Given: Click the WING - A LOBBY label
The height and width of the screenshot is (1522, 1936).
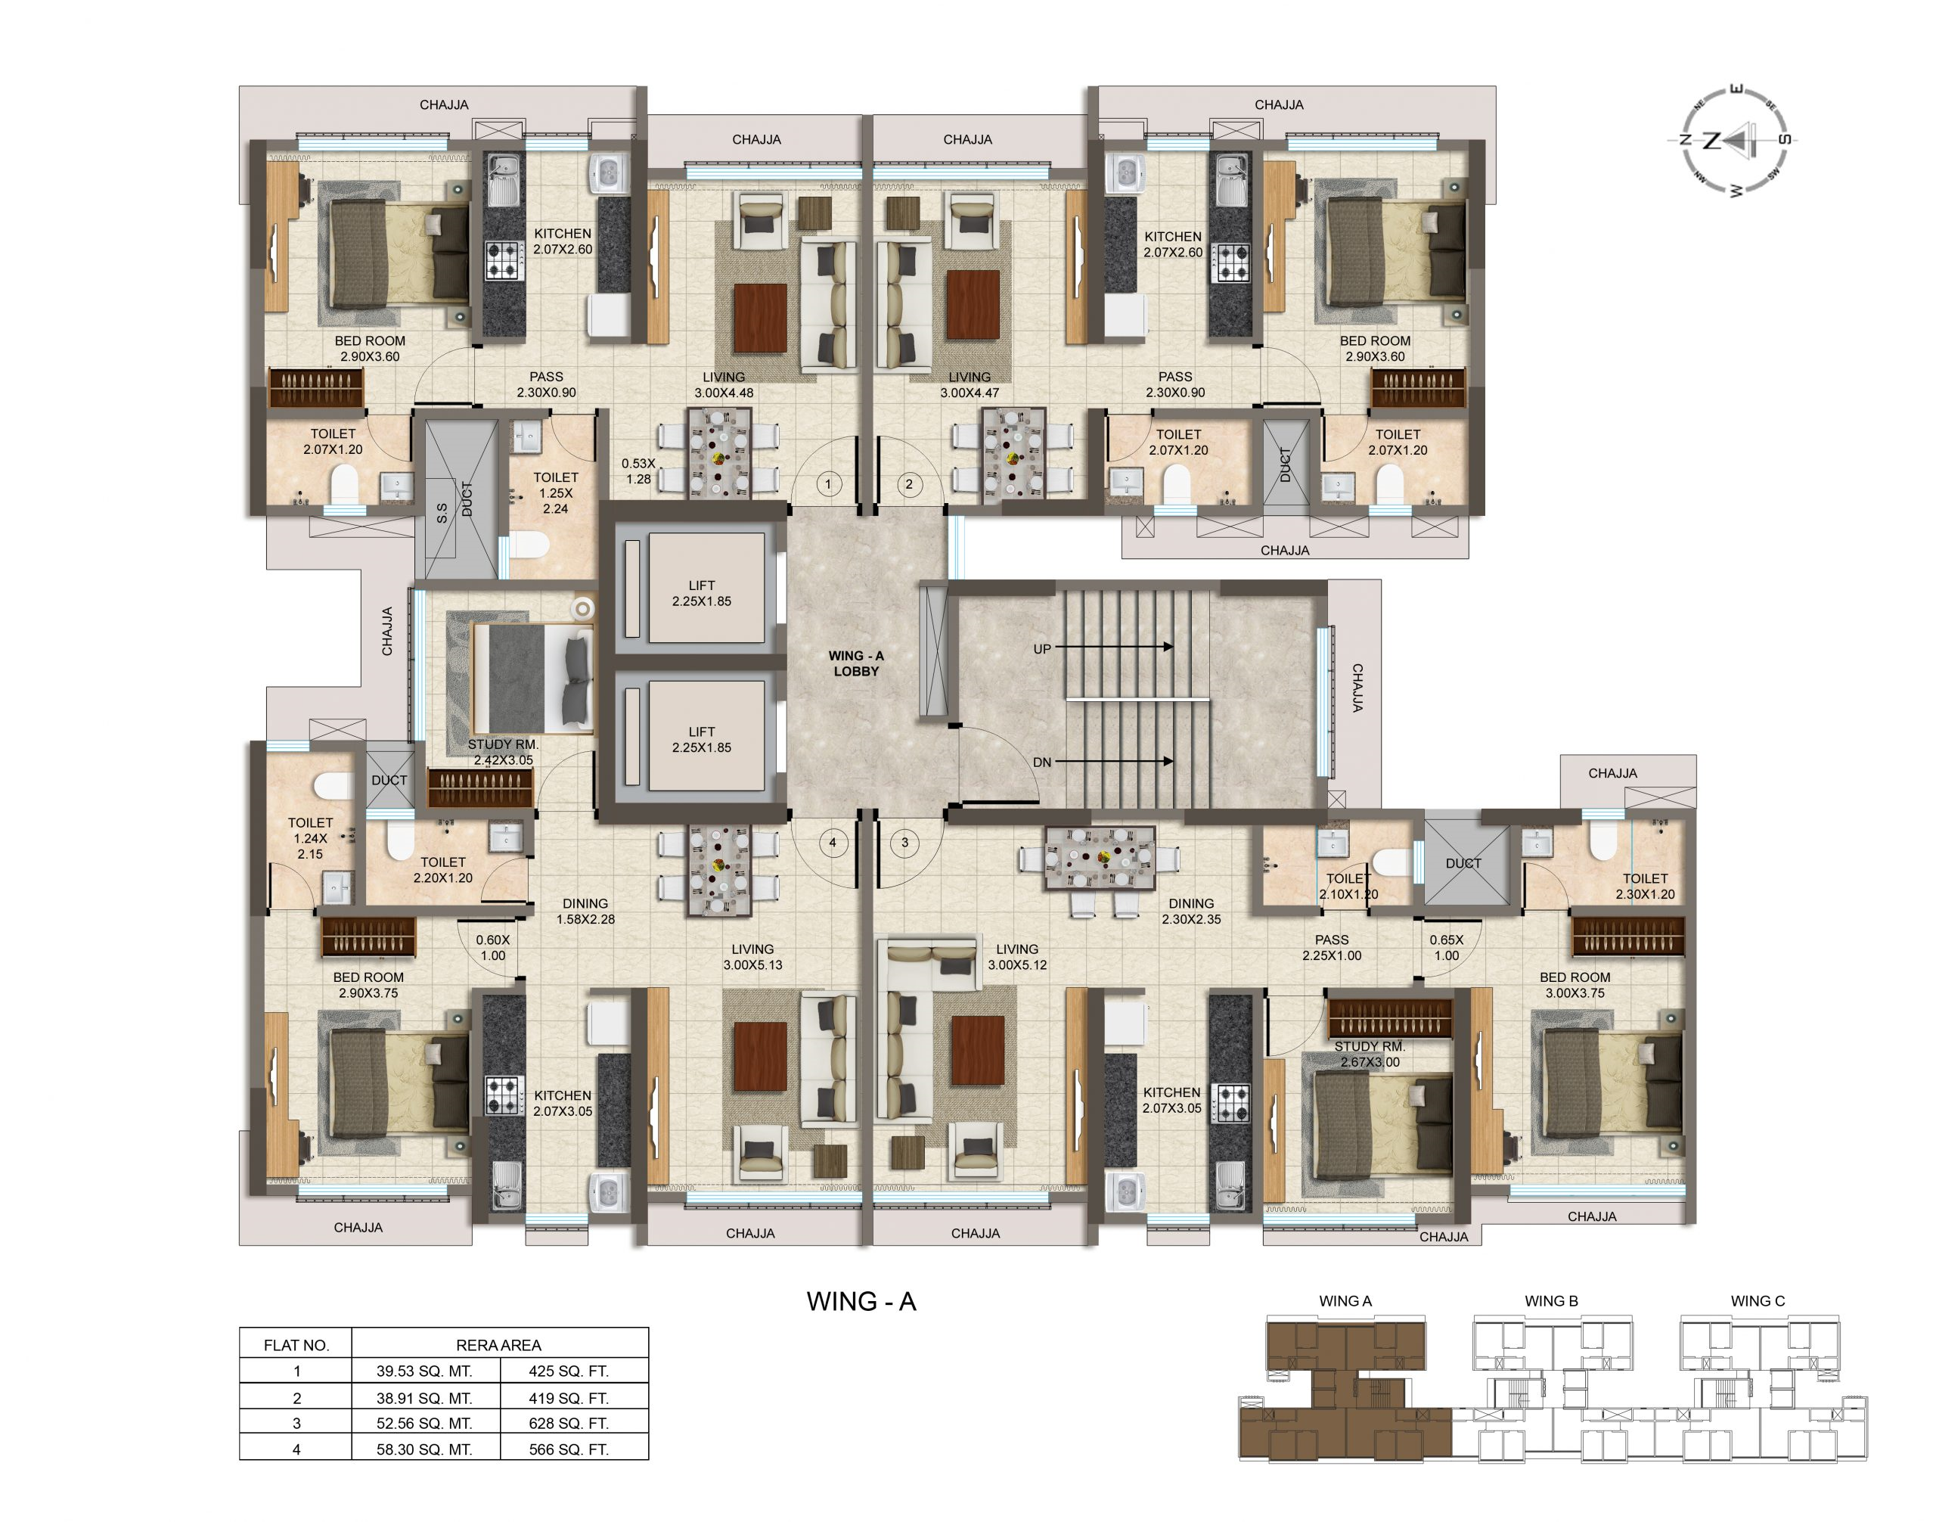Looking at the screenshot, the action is [855, 663].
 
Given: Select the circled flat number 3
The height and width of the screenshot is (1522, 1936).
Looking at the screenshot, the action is [904, 842].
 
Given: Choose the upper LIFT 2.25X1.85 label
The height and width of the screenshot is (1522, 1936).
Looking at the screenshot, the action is [701, 594].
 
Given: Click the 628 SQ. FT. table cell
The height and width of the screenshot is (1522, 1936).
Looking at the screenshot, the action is [569, 1423].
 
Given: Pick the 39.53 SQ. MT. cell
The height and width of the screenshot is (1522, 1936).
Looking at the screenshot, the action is [424, 1371].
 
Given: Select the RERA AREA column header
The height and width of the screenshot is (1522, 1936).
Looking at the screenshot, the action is [498, 1345].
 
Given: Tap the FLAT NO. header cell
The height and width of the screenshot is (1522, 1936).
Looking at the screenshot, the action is [296, 1345].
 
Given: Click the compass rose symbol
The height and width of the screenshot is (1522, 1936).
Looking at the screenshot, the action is [1733, 140].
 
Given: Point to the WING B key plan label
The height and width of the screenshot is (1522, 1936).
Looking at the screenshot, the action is [1551, 1301].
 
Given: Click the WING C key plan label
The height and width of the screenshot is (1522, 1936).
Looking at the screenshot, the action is [1758, 1301].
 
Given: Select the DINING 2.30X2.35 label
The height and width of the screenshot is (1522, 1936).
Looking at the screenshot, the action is [1191, 911].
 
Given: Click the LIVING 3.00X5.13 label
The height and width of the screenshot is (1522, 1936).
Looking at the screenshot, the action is [752, 956].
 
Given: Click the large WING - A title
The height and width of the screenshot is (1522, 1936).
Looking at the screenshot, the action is [861, 1301].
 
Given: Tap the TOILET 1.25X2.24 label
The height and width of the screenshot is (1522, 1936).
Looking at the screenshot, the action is [555, 492].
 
